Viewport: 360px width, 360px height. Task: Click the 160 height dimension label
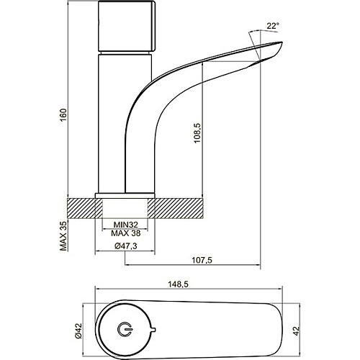click(63, 115)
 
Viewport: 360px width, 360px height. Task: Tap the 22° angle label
click(273, 26)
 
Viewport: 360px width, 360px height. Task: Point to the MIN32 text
click(126, 225)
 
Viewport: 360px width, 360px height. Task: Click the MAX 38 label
click(126, 233)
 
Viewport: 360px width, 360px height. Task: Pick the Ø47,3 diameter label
click(126, 246)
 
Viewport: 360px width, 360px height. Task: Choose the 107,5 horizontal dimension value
click(202, 260)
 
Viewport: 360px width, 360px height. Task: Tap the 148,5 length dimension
click(178, 284)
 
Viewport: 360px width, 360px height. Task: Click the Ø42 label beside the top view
click(78, 331)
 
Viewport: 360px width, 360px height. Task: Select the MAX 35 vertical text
click(63, 235)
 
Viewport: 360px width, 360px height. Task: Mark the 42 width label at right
click(297, 331)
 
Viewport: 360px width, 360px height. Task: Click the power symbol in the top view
click(124, 329)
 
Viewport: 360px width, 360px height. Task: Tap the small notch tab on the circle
click(153, 329)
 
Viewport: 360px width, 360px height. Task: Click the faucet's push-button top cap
click(127, 26)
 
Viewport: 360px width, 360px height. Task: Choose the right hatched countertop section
click(176, 208)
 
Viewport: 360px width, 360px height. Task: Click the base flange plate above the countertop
click(125, 195)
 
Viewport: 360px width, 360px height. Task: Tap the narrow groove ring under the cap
click(125, 53)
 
